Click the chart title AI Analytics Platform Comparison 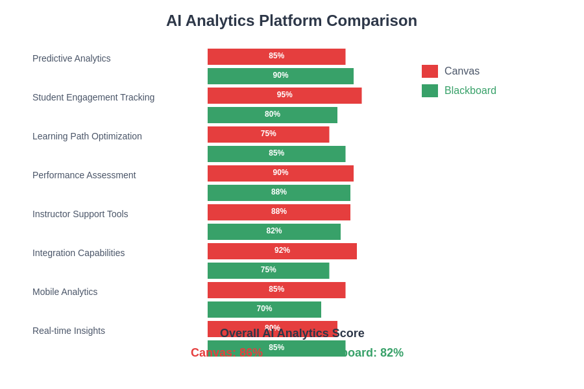291,21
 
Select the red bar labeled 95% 284,95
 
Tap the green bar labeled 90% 280,76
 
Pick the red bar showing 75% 268,134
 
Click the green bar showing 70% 264,309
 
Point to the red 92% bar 282,251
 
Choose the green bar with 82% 274,231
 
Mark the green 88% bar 278,193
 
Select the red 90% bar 280,173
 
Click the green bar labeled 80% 272,115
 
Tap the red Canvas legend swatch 430,71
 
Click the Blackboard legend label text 470,91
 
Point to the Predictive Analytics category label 71,58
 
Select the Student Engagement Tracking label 93,97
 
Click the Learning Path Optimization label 87,136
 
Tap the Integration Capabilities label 79,253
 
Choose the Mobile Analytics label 65,292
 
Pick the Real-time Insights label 69,331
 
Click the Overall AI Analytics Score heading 292,334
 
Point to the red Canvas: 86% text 226,353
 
